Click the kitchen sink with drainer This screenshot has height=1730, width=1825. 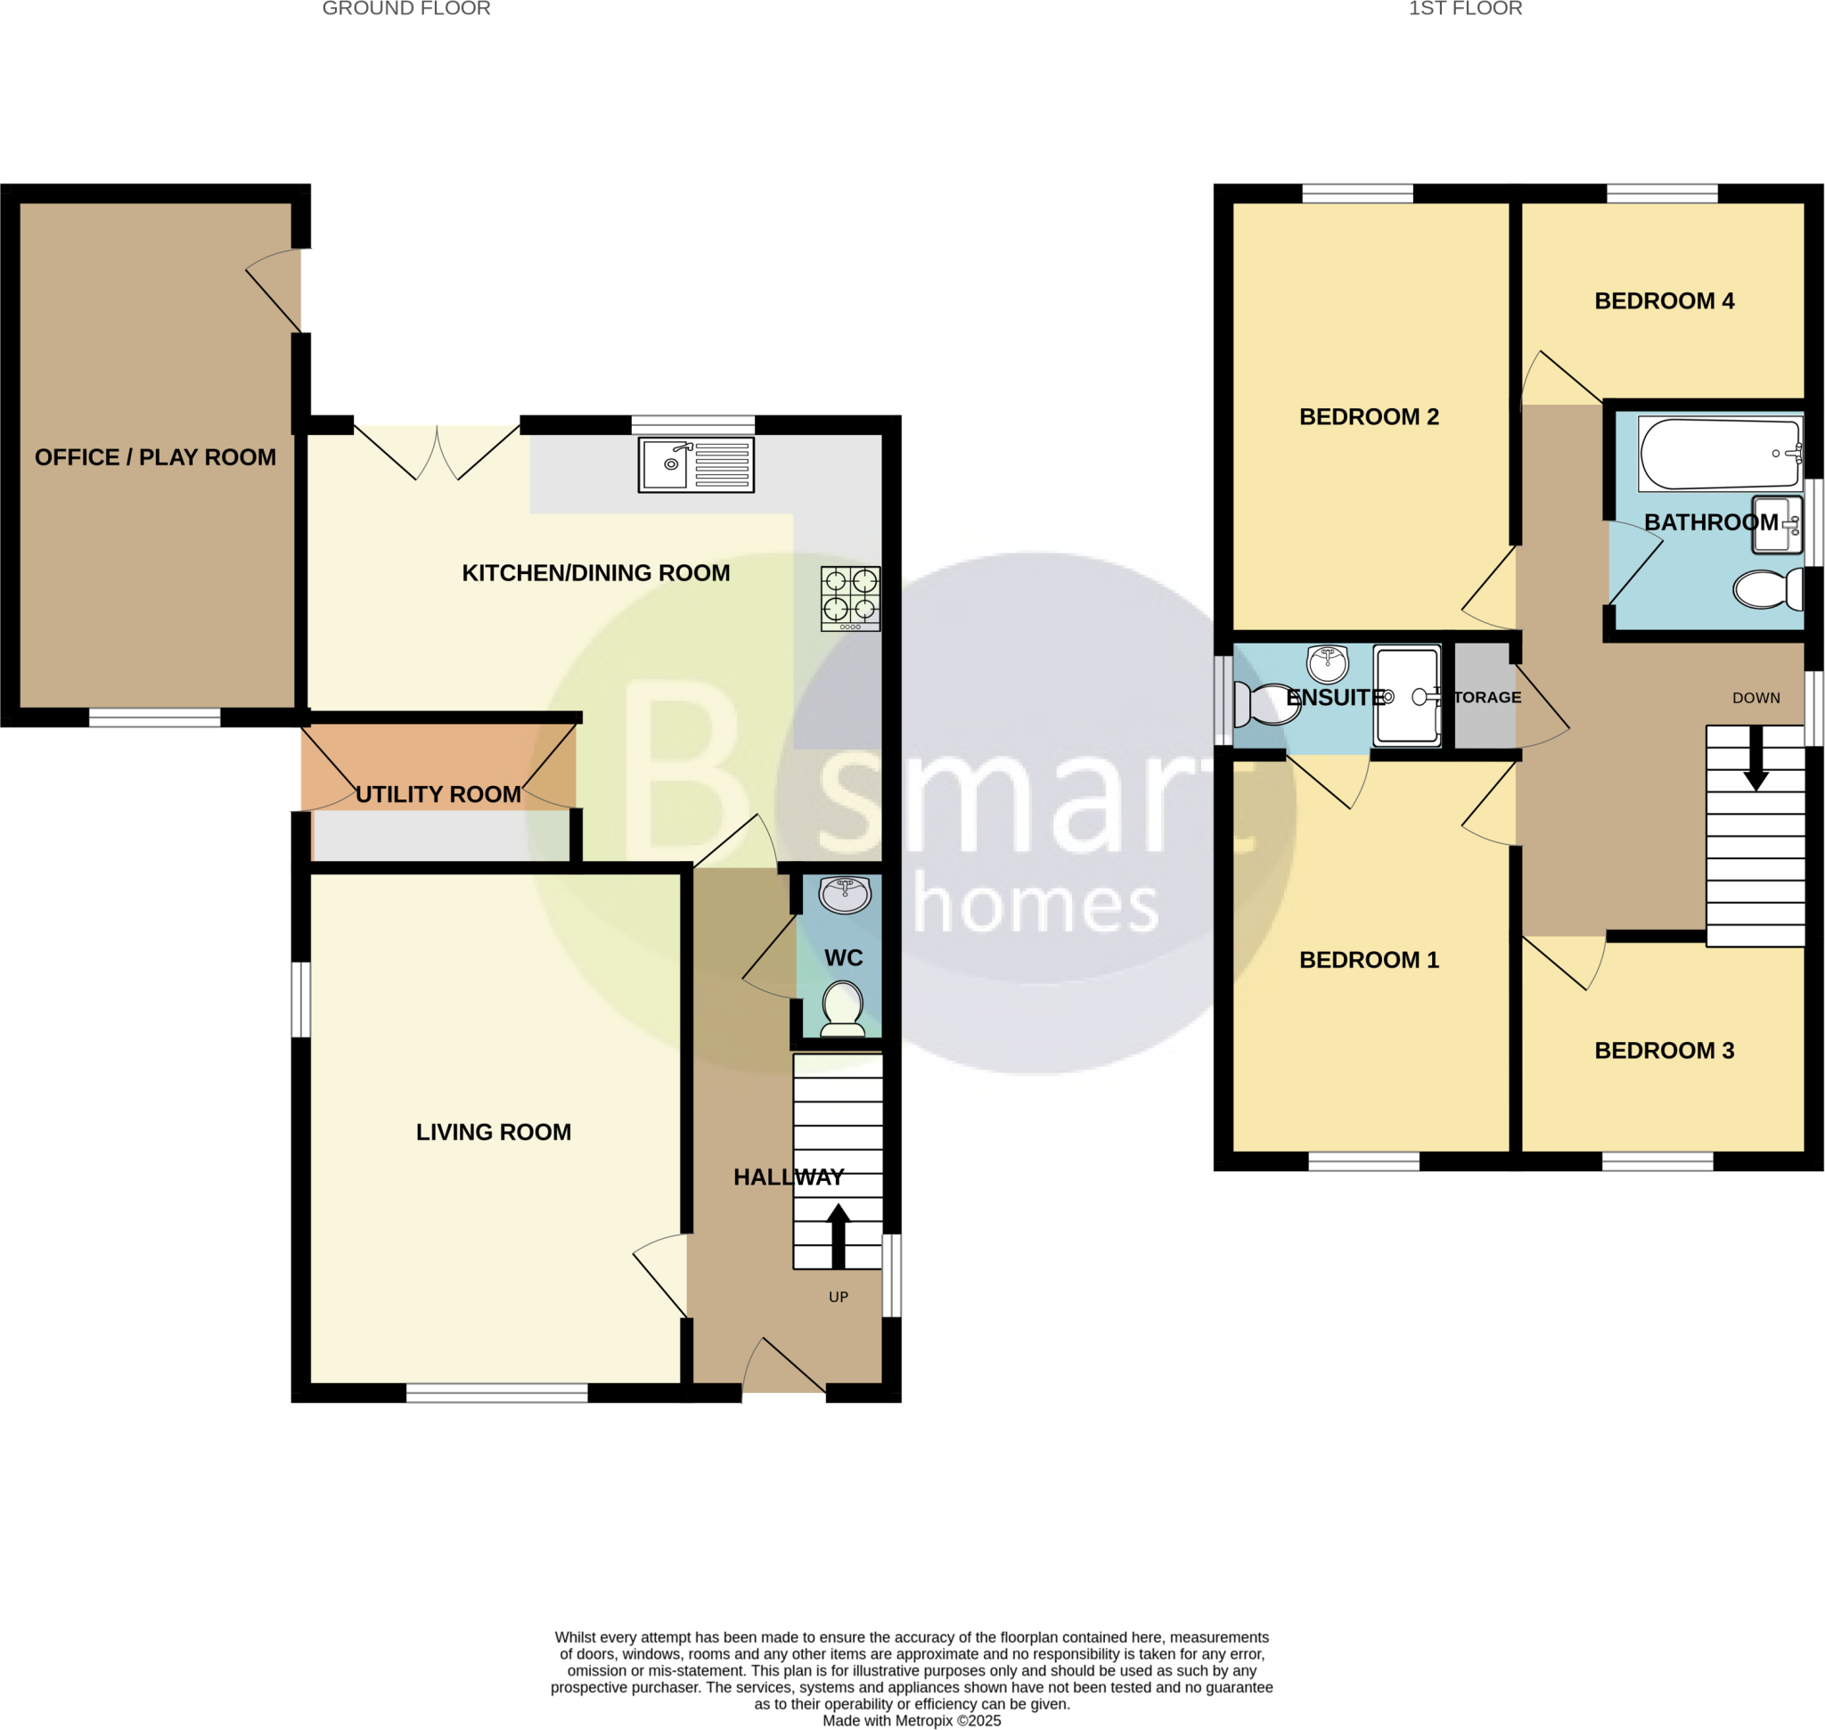696,463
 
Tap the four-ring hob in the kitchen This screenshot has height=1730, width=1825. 849,597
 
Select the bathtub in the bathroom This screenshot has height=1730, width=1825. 1719,454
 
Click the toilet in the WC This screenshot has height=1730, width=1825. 841,1007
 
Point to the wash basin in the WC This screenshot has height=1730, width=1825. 844,894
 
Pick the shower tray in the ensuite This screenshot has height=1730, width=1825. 1405,695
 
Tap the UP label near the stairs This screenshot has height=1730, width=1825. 838,1297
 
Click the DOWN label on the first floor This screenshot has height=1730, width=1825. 1755,698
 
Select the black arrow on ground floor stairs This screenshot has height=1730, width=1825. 838,1235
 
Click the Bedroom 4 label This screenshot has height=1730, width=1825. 1664,300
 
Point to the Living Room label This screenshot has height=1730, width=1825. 494,1132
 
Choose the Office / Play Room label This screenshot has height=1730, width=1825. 155,457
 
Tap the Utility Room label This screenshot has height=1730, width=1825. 438,794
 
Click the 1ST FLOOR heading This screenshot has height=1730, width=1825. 1464,9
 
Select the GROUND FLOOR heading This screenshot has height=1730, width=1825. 405,9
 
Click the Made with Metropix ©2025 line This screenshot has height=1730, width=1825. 911,1720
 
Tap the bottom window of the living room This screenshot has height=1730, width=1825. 496,1392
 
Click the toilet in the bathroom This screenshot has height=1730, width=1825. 1766,589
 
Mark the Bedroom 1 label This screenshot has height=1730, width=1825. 1369,960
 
